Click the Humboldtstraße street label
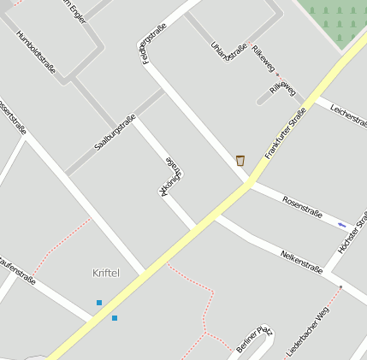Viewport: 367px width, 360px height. click(x=36, y=51)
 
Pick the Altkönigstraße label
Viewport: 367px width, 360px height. click(x=172, y=176)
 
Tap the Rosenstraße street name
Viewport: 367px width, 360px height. click(x=301, y=207)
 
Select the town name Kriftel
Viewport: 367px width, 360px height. click(x=106, y=273)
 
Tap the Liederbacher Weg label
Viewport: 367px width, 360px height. click(x=307, y=332)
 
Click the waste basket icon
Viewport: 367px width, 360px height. click(x=240, y=160)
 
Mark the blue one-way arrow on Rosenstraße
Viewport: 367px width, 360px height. click(x=342, y=224)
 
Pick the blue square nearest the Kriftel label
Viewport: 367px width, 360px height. click(x=99, y=303)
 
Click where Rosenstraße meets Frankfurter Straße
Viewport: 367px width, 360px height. click(x=249, y=183)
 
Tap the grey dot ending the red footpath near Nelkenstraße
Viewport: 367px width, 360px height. click(x=340, y=287)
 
